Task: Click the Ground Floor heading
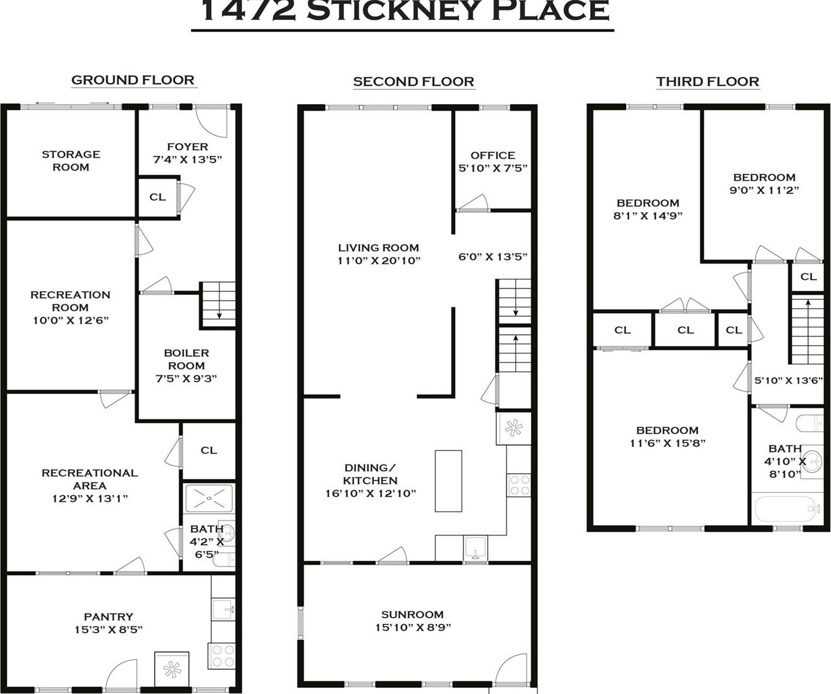pyautogui.click(x=133, y=80)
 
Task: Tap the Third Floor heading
pyautogui.click(x=707, y=82)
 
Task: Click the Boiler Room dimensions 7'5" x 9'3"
pyautogui.click(x=186, y=378)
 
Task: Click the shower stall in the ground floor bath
pyautogui.click(x=208, y=498)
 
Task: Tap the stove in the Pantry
pyautogui.click(x=222, y=656)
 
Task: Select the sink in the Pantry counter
pyautogui.click(x=224, y=608)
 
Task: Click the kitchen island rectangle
pyautogui.click(x=448, y=481)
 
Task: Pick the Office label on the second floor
pyautogui.click(x=493, y=155)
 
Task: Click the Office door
pyautogui.click(x=473, y=204)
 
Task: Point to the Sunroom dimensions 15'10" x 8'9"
pyautogui.click(x=413, y=627)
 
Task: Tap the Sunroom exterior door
pyautogui.click(x=513, y=670)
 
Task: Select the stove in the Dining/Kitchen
pyautogui.click(x=518, y=485)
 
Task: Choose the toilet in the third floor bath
pyautogui.click(x=809, y=423)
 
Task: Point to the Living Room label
pyautogui.click(x=378, y=248)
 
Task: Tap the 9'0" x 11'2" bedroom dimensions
pyautogui.click(x=764, y=190)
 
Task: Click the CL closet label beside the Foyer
pyautogui.click(x=157, y=197)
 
